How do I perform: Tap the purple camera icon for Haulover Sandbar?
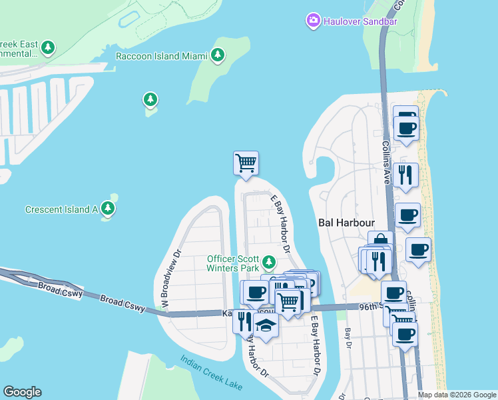[313, 21]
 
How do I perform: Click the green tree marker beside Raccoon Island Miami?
[217, 56]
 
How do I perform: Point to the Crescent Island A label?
[62, 209]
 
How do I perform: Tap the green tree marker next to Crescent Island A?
[108, 209]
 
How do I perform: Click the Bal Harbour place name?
[346, 223]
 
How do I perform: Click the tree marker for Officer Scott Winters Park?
[268, 261]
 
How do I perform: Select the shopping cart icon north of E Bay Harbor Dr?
[246, 162]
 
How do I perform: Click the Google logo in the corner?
[22, 392]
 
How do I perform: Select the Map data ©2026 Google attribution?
[457, 395]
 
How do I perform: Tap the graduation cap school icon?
[265, 326]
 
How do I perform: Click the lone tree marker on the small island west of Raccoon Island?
[150, 100]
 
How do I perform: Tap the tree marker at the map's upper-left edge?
[47, 48]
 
